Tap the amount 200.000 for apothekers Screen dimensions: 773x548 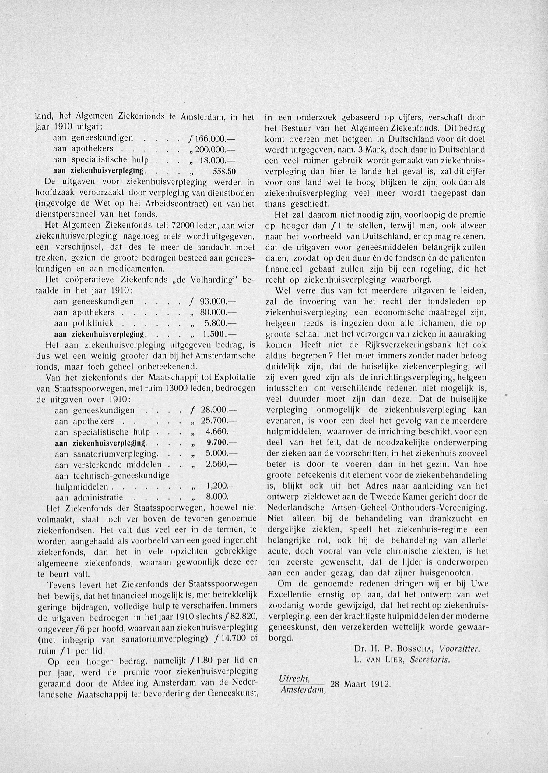point(212,149)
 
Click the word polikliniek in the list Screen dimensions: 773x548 point(93,323)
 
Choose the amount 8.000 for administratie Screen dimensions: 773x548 point(216,497)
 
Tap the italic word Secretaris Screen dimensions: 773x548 point(430,660)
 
